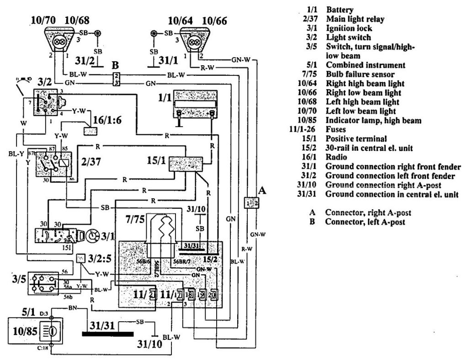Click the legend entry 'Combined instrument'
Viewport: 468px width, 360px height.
click(x=365, y=65)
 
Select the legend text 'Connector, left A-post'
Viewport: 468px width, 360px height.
click(x=365, y=222)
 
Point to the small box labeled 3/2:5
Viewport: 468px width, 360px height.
click(x=81, y=259)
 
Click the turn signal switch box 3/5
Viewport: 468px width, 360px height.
click(x=43, y=284)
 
